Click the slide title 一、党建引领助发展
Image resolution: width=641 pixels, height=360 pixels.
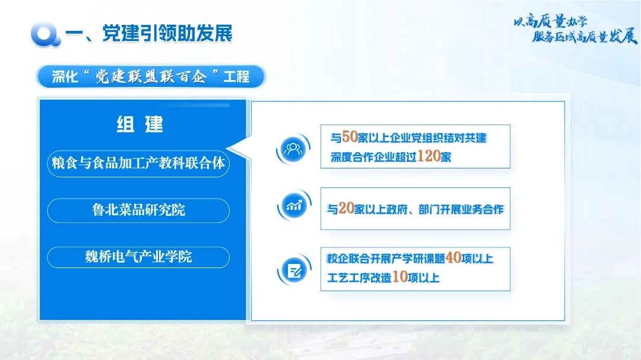[149, 33]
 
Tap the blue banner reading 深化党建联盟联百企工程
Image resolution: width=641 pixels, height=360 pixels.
[150, 77]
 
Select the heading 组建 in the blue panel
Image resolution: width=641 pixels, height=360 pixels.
[140, 124]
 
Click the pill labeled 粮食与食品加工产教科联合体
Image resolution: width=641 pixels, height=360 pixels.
[138, 164]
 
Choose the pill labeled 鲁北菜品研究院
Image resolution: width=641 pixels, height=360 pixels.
[138, 211]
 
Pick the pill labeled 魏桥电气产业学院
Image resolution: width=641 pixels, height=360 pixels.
[138, 257]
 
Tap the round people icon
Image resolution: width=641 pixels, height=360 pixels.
[293, 148]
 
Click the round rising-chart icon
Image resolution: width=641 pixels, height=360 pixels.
[294, 205]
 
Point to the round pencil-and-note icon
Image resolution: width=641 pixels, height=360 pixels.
[294, 270]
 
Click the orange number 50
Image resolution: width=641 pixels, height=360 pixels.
[350, 137]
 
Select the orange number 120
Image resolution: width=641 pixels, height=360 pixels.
[429, 156]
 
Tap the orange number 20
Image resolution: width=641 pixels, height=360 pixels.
[346, 208]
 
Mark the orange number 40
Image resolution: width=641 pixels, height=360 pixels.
[453, 257]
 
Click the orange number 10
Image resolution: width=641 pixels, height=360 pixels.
[400, 276]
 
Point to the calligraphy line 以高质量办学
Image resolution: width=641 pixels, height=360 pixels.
[550, 21]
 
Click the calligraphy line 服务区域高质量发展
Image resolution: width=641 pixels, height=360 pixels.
[585, 37]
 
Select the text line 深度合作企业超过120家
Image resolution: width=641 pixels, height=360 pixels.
[391, 156]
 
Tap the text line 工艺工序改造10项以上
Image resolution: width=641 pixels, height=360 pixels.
[383, 277]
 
